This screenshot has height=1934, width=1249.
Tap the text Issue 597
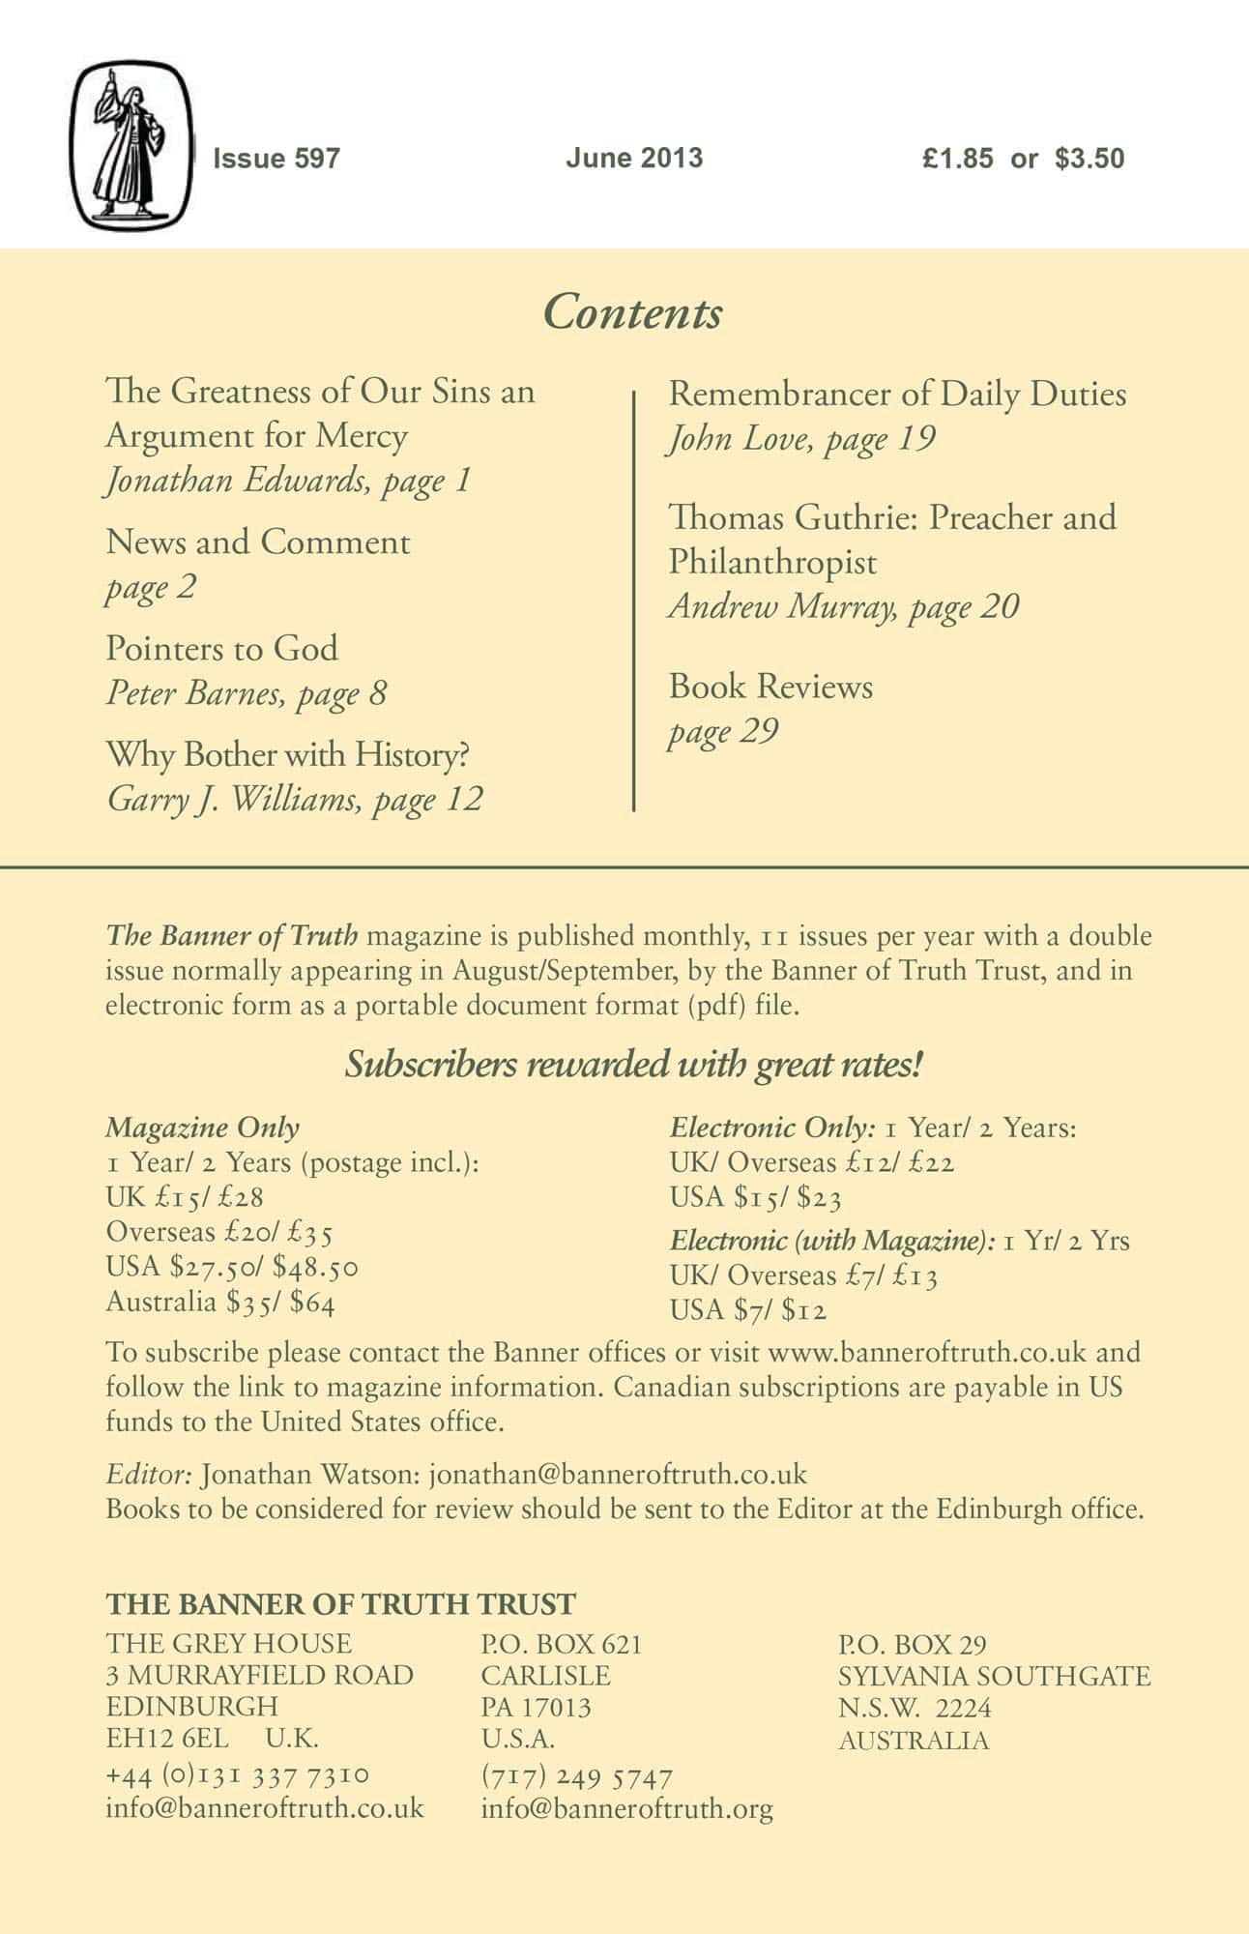(276, 159)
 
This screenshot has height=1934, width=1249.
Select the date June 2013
(634, 159)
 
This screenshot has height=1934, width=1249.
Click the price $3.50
(1089, 159)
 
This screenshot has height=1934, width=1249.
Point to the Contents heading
(632, 313)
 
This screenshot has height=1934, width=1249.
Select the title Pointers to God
(222, 648)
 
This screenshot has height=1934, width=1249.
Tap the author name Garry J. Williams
(233, 800)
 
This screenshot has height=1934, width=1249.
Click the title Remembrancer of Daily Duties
(897, 395)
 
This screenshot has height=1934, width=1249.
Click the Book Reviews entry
(770, 687)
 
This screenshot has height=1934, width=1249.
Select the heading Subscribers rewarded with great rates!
(634, 1066)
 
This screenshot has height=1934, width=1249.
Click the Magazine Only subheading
(202, 1128)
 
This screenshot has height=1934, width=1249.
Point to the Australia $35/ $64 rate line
(220, 1303)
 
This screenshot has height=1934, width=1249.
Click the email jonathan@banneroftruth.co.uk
(618, 1475)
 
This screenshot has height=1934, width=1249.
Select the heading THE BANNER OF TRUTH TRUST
(340, 1604)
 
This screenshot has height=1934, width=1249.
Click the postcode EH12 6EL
(167, 1739)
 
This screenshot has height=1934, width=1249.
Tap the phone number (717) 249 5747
(576, 1777)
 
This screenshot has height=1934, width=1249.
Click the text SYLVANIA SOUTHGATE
(994, 1676)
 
